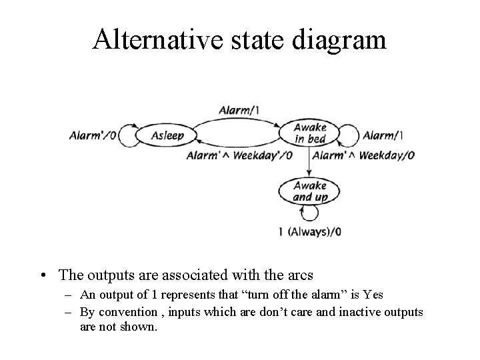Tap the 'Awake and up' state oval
(x=311, y=191)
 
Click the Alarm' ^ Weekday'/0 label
(x=239, y=156)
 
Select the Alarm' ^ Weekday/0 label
(x=363, y=156)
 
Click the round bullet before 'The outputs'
(x=43, y=275)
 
